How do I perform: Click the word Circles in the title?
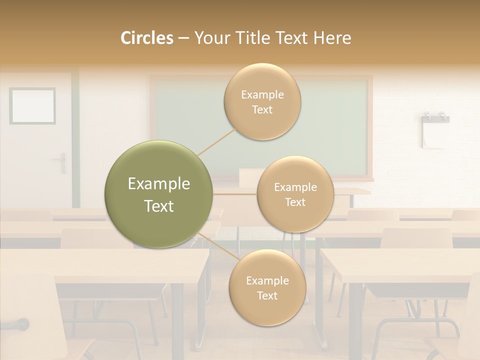(147, 38)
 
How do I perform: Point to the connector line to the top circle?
(216, 142)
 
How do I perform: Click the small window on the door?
(32, 105)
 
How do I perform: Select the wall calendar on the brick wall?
(435, 131)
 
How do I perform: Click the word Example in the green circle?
(159, 184)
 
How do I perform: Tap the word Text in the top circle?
(262, 109)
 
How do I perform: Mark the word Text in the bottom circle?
(267, 295)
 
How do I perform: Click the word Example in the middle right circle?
(295, 187)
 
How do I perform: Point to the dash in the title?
(183, 38)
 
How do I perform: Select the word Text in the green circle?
(159, 206)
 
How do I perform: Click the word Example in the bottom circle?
(267, 280)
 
